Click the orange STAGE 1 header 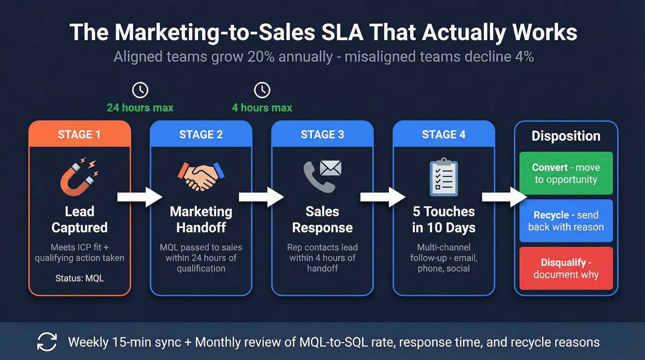[x=80, y=134]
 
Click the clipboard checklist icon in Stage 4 [x=443, y=177]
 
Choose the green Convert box [x=566, y=173]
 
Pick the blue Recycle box [x=566, y=221]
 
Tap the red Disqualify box [x=566, y=268]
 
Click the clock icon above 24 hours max [x=140, y=90]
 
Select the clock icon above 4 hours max [x=262, y=90]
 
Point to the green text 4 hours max [x=262, y=108]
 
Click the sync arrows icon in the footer [x=47, y=342]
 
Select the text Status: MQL [x=79, y=278]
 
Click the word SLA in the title [x=383, y=33]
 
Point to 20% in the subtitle [x=259, y=57]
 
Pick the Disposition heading [x=566, y=136]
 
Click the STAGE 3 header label [x=322, y=134]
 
